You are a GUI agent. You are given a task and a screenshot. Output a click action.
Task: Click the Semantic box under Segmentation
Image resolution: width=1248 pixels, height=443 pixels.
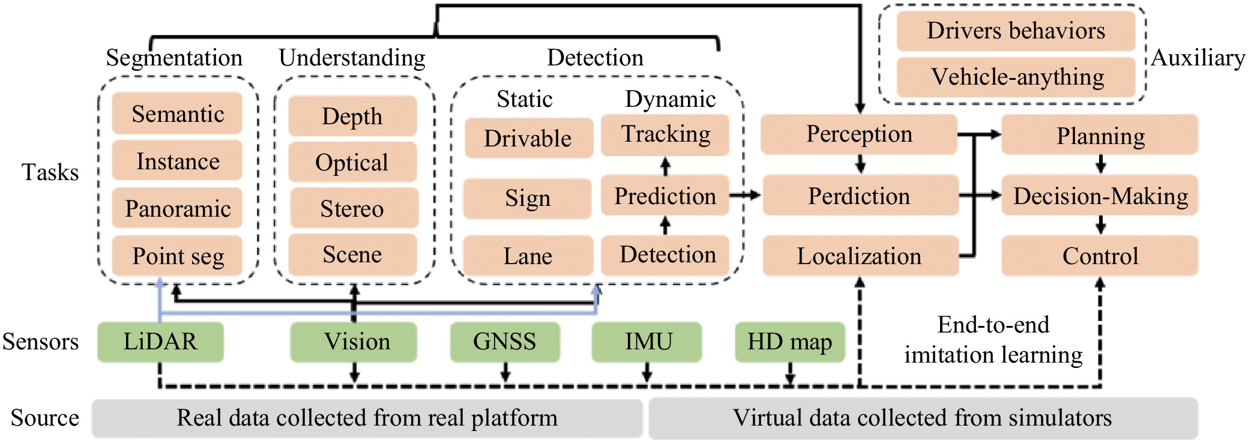click(x=177, y=113)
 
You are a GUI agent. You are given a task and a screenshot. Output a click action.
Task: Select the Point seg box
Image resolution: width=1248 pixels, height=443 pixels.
click(x=177, y=256)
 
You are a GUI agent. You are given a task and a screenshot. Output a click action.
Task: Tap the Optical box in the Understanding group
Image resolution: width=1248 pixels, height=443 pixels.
click(x=352, y=162)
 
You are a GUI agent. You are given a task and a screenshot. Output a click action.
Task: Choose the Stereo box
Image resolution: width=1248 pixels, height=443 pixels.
click(x=353, y=208)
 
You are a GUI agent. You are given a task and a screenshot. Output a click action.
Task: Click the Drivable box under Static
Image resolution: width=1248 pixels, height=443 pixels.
click(x=528, y=138)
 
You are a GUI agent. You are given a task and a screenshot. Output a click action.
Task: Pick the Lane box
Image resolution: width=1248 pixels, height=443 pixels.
click(x=528, y=256)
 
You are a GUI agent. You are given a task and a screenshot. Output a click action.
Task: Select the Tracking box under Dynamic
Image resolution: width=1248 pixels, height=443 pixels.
click(x=665, y=134)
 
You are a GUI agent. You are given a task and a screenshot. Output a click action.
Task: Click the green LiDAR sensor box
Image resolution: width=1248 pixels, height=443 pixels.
click(x=160, y=342)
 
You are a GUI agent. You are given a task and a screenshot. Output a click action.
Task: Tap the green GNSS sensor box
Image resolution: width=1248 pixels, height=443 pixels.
click(x=505, y=342)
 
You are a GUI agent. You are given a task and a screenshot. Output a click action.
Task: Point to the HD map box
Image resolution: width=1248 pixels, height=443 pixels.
click(x=789, y=342)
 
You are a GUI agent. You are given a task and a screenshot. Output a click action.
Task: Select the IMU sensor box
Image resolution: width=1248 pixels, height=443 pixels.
click(x=647, y=342)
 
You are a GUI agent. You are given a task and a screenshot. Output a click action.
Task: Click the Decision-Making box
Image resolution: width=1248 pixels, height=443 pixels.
click(x=1100, y=196)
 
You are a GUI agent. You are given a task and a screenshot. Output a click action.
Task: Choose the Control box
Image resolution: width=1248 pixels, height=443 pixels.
click(x=1100, y=256)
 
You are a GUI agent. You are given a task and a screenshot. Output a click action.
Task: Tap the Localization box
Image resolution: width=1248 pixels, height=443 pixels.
click(x=860, y=256)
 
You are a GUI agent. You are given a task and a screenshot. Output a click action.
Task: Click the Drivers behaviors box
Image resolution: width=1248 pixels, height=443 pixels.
click(x=1016, y=31)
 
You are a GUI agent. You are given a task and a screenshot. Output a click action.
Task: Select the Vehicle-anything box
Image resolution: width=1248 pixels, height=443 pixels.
click(x=1016, y=77)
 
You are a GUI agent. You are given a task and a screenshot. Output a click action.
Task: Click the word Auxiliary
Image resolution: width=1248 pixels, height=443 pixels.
click(x=1198, y=58)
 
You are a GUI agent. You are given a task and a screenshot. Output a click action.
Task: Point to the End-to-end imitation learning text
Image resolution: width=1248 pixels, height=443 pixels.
click(x=993, y=340)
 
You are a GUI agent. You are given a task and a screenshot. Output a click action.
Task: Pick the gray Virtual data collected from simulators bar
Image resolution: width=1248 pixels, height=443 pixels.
click(x=923, y=418)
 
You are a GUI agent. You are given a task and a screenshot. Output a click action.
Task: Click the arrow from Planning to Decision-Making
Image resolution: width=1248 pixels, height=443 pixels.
click(x=1100, y=164)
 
